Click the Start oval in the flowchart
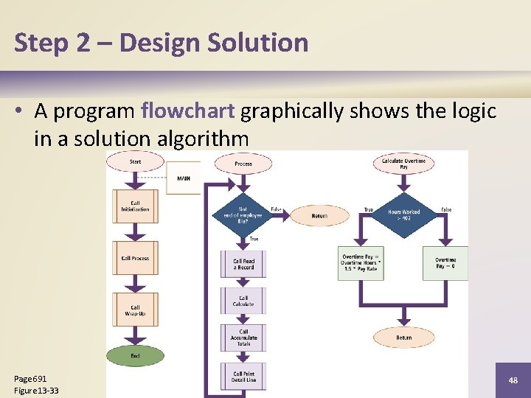coord(135,161)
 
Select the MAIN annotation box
coord(184,178)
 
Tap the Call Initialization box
coord(135,207)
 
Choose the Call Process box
coord(135,259)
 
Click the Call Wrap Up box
coord(135,310)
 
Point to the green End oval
coord(135,356)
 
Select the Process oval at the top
coord(243,164)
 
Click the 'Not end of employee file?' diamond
coord(243,214)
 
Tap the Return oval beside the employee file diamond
coord(319,216)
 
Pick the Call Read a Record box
coord(243,264)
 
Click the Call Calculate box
coord(243,301)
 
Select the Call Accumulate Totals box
coord(243,338)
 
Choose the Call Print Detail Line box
coord(243,377)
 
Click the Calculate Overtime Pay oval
coord(403,164)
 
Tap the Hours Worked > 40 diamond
coord(403,214)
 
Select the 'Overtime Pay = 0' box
coord(445,263)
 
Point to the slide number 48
coord(513,380)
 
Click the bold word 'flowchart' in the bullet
coord(187,111)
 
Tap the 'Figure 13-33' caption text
coord(37,391)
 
